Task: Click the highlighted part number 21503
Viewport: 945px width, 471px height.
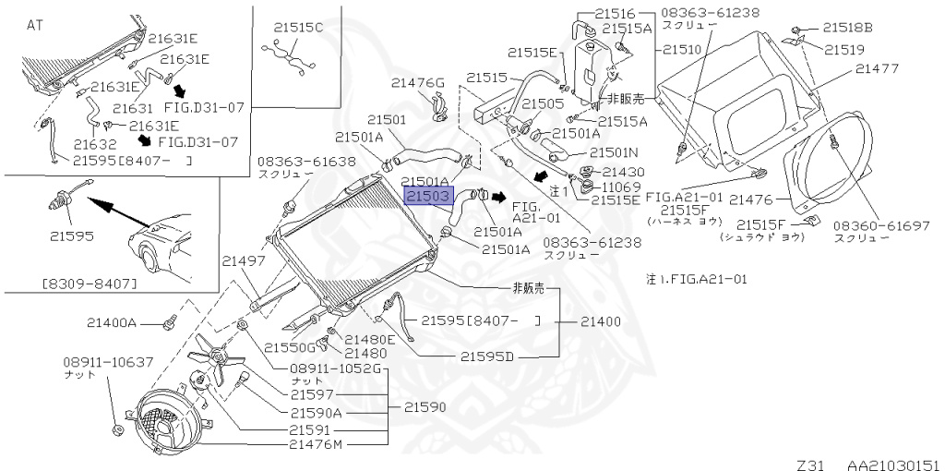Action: (426, 197)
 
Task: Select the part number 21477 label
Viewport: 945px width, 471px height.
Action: (879, 68)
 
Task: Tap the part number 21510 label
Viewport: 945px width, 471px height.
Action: (684, 49)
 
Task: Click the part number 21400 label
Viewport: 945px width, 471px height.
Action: (601, 321)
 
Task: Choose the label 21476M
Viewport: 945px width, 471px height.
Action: (315, 444)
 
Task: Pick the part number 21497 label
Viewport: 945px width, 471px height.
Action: (241, 262)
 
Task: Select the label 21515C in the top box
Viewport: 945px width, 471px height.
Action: (298, 28)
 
